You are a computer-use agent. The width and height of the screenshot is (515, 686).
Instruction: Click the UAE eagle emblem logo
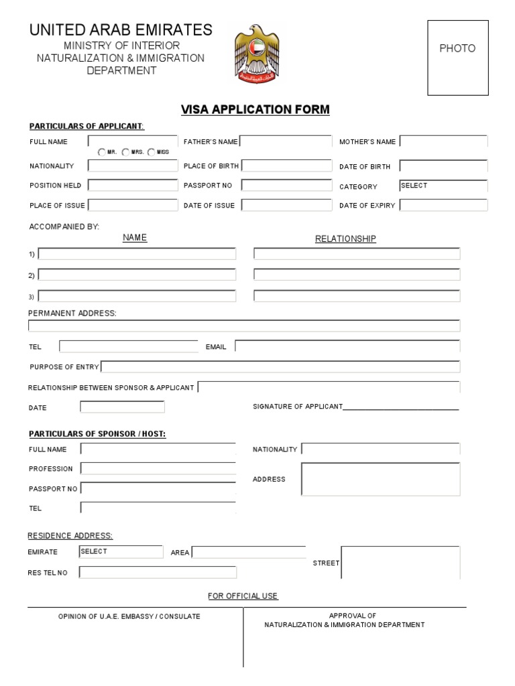click(x=255, y=54)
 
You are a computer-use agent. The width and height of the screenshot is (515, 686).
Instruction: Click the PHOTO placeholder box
click(x=458, y=58)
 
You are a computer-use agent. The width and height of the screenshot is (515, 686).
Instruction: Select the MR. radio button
click(x=102, y=152)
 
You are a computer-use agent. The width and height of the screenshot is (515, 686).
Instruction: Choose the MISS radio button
click(x=152, y=152)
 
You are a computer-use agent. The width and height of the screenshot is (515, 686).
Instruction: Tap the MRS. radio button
click(x=126, y=152)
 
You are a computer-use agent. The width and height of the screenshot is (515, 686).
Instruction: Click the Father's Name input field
click(x=286, y=141)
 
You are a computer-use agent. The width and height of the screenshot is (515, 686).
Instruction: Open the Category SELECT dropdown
click(x=443, y=186)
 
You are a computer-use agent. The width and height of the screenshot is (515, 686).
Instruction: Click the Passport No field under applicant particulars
click(x=286, y=185)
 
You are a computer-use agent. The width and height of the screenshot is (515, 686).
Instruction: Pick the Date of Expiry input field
click(x=443, y=205)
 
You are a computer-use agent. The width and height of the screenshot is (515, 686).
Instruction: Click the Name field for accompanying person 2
click(x=137, y=275)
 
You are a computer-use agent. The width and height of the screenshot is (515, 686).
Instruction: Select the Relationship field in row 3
click(x=357, y=296)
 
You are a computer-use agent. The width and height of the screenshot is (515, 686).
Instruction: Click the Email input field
click(x=347, y=346)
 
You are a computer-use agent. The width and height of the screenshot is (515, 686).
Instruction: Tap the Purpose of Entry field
click(x=280, y=366)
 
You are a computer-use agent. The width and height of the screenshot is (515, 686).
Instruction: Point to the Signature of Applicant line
click(x=401, y=406)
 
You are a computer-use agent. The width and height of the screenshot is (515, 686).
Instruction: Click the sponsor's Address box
click(x=380, y=479)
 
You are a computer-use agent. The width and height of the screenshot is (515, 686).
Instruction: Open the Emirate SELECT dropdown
click(x=121, y=551)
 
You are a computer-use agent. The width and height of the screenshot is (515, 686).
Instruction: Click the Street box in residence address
click(x=400, y=562)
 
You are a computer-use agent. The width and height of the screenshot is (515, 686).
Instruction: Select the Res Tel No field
click(x=158, y=572)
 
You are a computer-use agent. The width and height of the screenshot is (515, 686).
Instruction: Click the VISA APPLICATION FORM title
click(x=255, y=110)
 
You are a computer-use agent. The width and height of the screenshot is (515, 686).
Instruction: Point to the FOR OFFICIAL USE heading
click(x=243, y=596)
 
